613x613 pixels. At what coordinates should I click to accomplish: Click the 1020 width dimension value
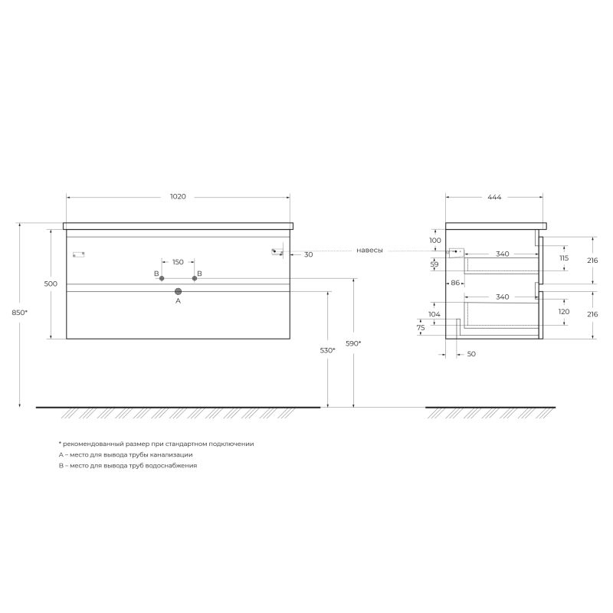(178, 197)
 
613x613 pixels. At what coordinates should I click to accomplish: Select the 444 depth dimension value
(494, 197)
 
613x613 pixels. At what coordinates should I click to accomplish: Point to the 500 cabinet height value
(51, 284)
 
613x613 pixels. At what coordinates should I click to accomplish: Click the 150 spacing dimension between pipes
(178, 262)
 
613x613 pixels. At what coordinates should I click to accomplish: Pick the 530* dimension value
(328, 350)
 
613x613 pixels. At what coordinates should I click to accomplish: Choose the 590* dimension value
(354, 343)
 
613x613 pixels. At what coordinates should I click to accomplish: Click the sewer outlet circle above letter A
(178, 291)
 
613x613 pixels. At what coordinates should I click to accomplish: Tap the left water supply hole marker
(162, 278)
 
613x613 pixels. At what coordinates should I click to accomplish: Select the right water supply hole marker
(195, 278)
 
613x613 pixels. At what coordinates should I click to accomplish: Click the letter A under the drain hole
(178, 302)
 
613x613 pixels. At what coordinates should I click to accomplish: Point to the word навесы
(369, 251)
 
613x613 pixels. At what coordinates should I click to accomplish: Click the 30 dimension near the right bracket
(308, 254)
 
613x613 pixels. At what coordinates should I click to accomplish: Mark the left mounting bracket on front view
(77, 254)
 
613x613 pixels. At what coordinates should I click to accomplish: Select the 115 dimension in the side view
(565, 258)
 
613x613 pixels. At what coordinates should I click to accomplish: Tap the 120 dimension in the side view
(565, 313)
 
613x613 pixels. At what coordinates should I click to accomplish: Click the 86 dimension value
(454, 284)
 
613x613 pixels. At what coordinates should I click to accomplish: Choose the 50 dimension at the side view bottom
(470, 355)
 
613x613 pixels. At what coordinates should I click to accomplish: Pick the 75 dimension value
(421, 327)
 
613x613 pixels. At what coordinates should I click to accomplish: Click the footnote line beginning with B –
(128, 465)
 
